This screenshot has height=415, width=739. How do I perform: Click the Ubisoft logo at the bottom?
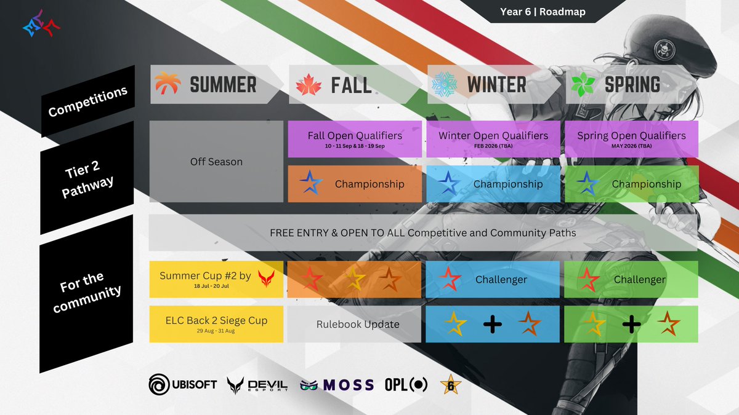pyautogui.click(x=183, y=385)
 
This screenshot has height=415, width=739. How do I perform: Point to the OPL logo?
pyautogui.click(x=406, y=385)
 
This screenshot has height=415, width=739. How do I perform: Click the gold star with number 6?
pyautogui.click(x=451, y=385)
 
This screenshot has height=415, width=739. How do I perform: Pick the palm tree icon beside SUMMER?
pyautogui.click(x=168, y=84)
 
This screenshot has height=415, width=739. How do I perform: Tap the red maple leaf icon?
pyautogui.click(x=309, y=85)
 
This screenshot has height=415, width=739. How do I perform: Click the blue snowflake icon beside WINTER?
pyautogui.click(x=445, y=84)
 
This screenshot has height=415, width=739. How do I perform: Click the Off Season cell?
pyautogui.click(x=216, y=162)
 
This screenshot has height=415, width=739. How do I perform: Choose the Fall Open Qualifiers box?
pyautogui.click(x=355, y=139)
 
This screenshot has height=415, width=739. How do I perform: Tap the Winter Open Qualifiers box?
pyautogui.click(x=493, y=139)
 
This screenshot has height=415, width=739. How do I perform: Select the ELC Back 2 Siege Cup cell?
pyautogui.click(x=216, y=324)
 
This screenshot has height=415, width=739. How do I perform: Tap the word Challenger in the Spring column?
pyautogui.click(x=640, y=280)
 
